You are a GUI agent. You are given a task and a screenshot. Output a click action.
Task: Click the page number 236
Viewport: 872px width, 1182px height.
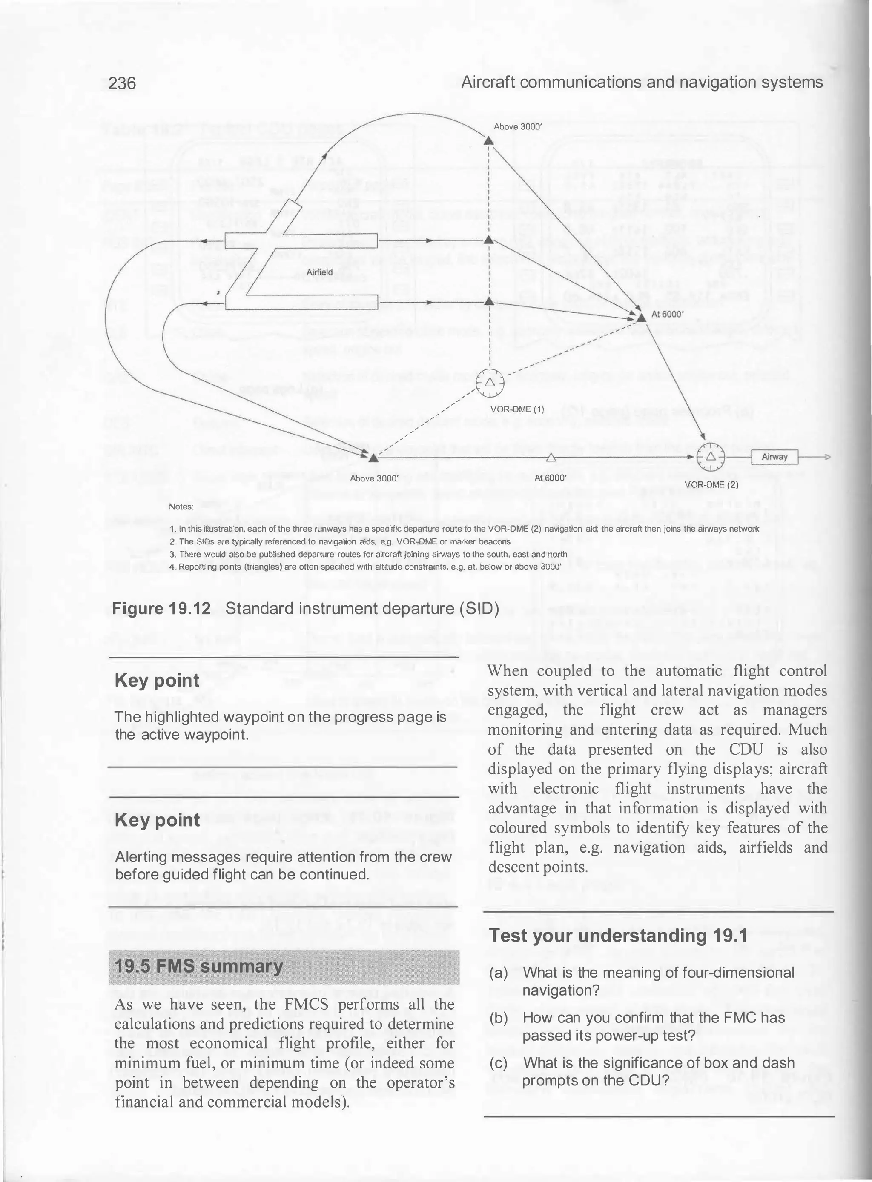(x=122, y=83)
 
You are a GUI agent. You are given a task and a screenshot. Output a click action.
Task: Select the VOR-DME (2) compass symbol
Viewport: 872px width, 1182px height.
(x=711, y=456)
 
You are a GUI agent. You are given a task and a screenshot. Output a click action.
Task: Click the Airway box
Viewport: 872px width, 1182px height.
(x=774, y=456)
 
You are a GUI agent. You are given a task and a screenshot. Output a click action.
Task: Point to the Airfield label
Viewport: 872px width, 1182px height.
(x=319, y=272)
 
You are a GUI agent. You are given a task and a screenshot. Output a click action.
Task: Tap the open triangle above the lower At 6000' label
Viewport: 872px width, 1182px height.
(x=551, y=457)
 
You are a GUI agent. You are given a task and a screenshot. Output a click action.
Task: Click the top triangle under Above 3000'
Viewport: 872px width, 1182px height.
(x=489, y=141)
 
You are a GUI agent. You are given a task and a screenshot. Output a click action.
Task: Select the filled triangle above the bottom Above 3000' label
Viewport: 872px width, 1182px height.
(x=373, y=458)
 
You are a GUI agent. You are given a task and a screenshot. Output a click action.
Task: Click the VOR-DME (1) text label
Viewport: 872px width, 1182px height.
(x=517, y=409)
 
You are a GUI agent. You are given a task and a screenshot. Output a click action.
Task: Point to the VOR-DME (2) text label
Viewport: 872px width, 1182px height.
(x=711, y=484)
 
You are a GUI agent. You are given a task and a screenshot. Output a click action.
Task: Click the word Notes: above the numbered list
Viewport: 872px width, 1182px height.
(x=181, y=507)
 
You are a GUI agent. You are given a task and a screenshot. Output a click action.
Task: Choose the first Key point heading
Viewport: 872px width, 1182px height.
(x=157, y=680)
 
